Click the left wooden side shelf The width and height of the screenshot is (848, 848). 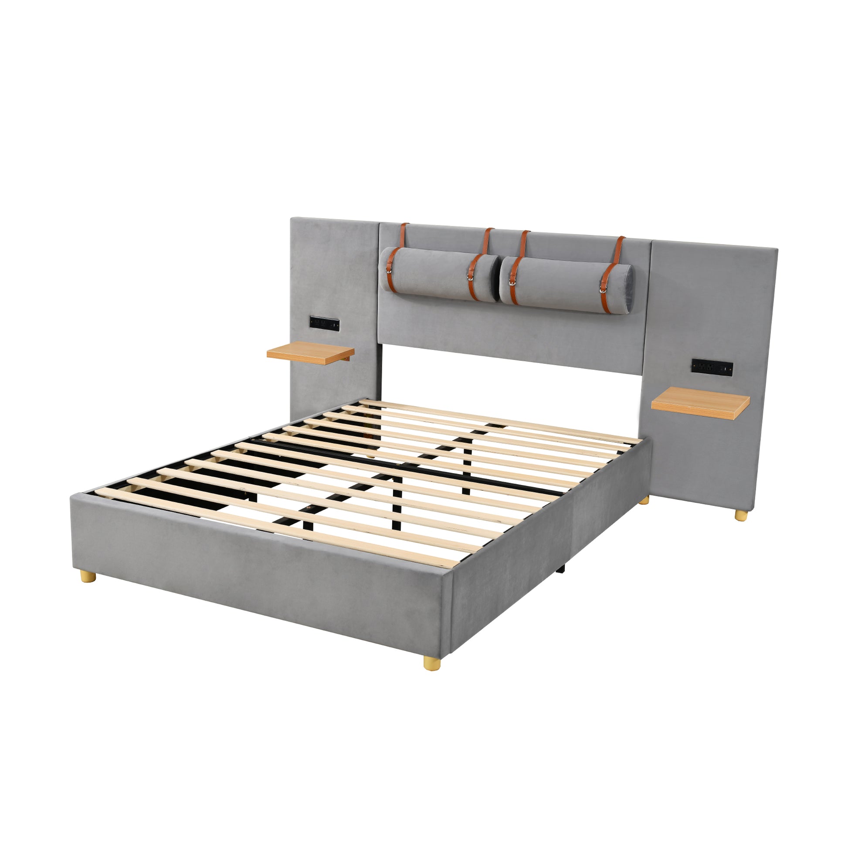310,353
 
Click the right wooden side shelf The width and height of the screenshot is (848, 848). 700,402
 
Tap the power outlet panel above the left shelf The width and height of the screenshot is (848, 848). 324,323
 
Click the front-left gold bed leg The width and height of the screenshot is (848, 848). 88,577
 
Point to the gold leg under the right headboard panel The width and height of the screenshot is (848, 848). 741,516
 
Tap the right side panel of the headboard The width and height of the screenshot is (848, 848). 711,307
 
